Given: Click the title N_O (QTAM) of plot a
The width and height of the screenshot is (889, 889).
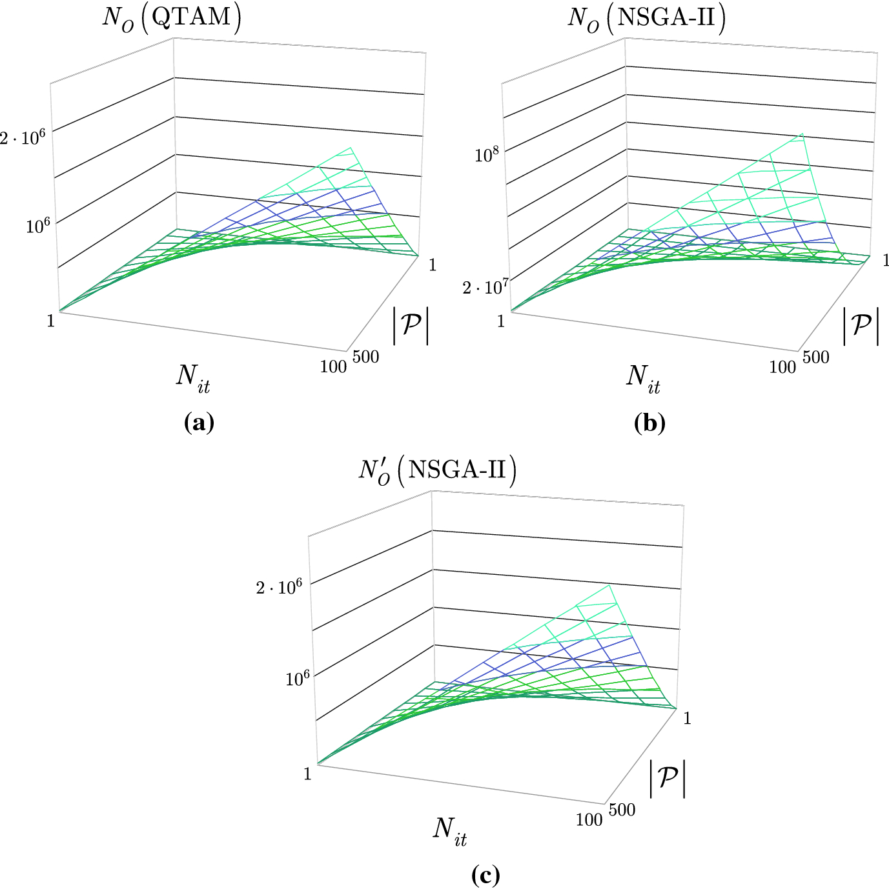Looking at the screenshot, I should pos(172,18).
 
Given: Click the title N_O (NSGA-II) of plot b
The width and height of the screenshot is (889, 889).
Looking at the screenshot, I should pos(646,18).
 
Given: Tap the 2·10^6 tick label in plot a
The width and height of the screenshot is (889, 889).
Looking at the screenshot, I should pos(23,137).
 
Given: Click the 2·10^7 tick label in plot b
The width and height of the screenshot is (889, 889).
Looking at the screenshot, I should pos(484,286).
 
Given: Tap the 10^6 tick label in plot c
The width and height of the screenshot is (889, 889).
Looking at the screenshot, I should pos(297,678).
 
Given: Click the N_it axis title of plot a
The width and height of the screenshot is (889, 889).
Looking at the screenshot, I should pos(192,377).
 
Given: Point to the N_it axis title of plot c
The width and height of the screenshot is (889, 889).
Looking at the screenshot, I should pos(450,830).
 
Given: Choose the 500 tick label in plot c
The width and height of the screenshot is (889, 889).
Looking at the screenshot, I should pos(622,810).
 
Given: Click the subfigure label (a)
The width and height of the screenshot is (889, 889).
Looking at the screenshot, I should pos(199,423).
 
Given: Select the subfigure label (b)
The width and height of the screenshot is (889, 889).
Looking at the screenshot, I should pos(649,423).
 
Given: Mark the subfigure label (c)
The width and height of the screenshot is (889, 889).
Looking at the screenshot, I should pos(485,875).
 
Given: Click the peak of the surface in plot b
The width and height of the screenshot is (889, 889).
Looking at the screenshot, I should pos(801,134).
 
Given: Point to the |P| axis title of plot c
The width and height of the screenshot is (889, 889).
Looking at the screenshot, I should pos(667,778).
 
